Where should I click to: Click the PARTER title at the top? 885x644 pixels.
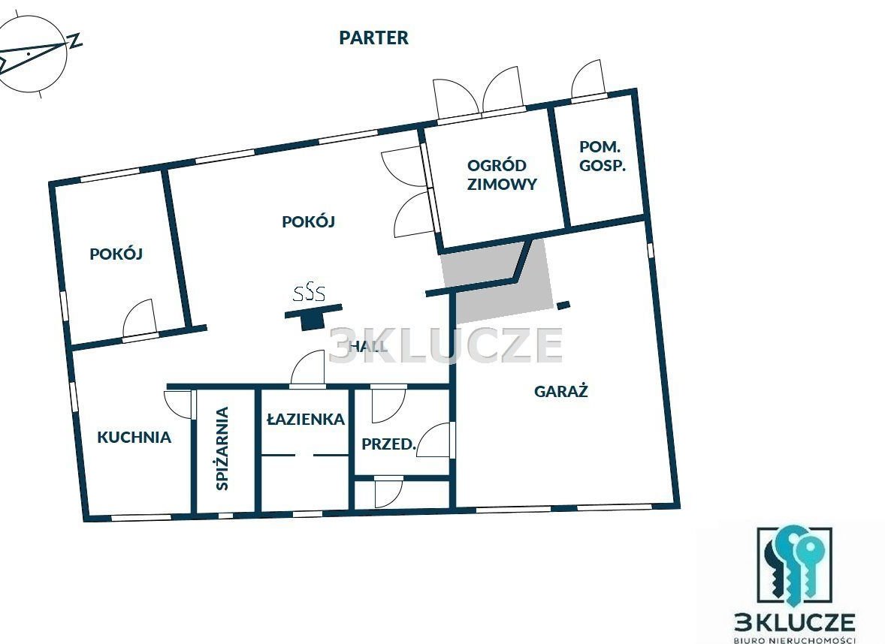[x=373, y=38]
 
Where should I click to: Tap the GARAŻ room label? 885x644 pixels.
[x=561, y=391]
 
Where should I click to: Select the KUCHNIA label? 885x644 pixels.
[x=134, y=437]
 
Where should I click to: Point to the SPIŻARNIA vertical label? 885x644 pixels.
[x=222, y=448]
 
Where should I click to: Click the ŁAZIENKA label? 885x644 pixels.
[x=306, y=419]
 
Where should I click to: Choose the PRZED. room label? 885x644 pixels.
[x=388, y=444]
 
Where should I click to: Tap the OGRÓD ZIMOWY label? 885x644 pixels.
[x=501, y=175]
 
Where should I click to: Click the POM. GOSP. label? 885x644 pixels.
[x=603, y=156]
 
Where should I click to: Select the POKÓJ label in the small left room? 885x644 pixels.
[x=116, y=254]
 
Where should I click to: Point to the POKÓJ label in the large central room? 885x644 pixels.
[x=308, y=221]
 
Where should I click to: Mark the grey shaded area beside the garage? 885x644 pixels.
[x=497, y=282]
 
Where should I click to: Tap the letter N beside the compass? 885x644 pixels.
[x=74, y=41]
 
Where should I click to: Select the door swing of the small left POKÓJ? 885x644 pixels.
[x=139, y=318]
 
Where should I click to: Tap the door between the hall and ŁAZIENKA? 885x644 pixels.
[x=308, y=368]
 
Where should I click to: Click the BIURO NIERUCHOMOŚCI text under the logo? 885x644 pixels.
[x=794, y=639]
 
